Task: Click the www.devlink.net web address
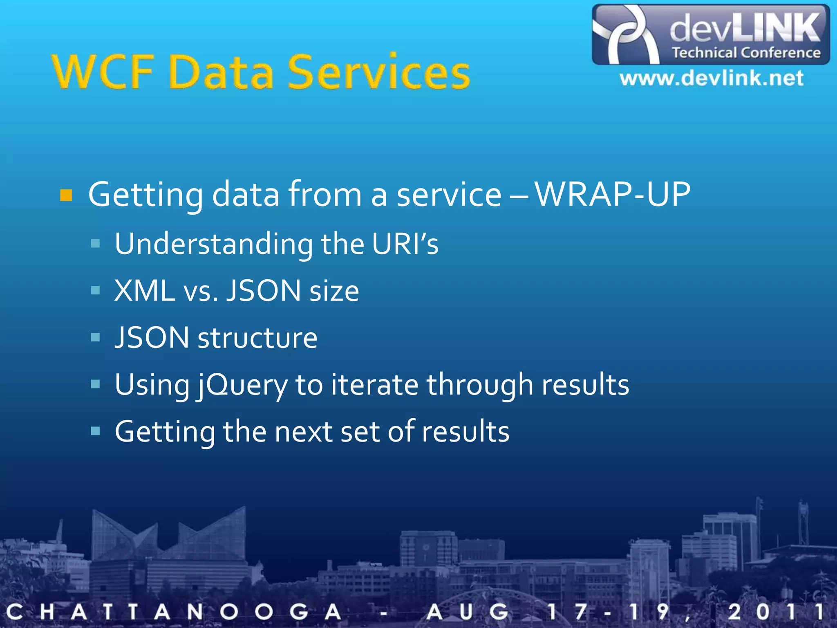pyautogui.click(x=711, y=78)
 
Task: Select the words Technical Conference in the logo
pyautogui.click(x=746, y=53)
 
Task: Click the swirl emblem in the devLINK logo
pyautogui.click(x=625, y=35)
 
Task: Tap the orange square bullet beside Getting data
pyautogui.click(x=66, y=195)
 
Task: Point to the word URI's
pyautogui.click(x=405, y=244)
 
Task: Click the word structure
pyautogui.click(x=257, y=338)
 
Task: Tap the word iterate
pyautogui.click(x=374, y=385)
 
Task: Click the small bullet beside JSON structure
pyautogui.click(x=95, y=337)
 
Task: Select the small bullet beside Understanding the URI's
pyautogui.click(x=95, y=244)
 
